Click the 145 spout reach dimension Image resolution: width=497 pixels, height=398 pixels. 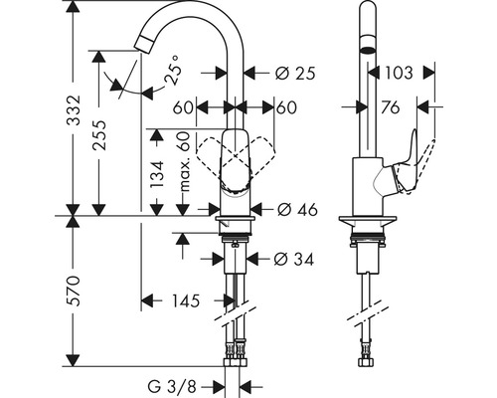pyautogui.click(x=184, y=299)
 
